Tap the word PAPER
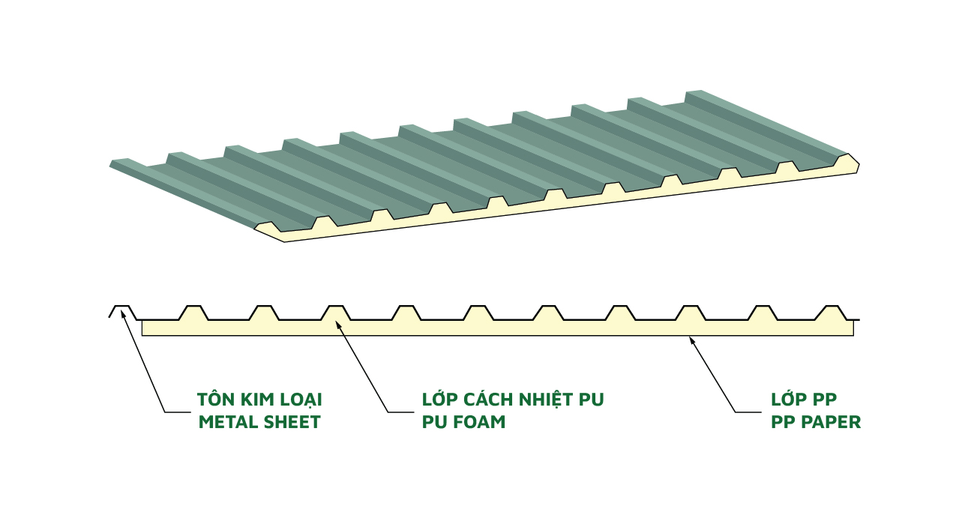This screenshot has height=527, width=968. click(x=832, y=422)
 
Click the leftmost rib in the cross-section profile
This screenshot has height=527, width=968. click(x=122, y=311)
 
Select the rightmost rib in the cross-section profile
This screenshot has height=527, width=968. click(x=832, y=312)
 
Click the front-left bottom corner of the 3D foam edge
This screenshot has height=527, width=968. click(x=284, y=241)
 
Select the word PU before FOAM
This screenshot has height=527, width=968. click(x=433, y=422)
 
